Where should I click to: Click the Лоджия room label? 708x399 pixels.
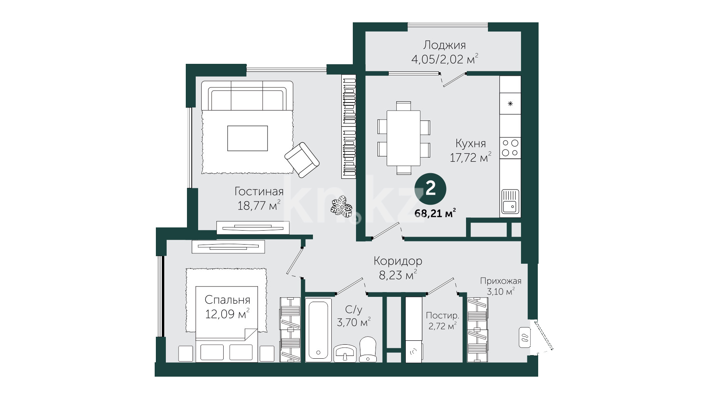444,45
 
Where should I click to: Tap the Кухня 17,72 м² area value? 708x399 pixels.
470,158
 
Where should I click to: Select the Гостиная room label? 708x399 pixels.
259,192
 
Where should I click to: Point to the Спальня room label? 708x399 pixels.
227,300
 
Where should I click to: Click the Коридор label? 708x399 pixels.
398,261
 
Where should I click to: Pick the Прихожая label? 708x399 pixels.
501,281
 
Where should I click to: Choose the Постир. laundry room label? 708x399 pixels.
442,315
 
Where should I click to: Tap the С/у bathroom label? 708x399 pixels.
354,309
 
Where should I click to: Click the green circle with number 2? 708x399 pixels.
431,188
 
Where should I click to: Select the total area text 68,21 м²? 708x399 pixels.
435,213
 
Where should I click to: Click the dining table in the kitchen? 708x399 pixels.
404,138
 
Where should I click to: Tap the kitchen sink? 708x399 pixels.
510,202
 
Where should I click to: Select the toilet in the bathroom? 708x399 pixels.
368,350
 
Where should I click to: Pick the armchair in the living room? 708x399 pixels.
302,160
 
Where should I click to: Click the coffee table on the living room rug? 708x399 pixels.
248,138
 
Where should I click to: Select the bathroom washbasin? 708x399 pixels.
345,354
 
